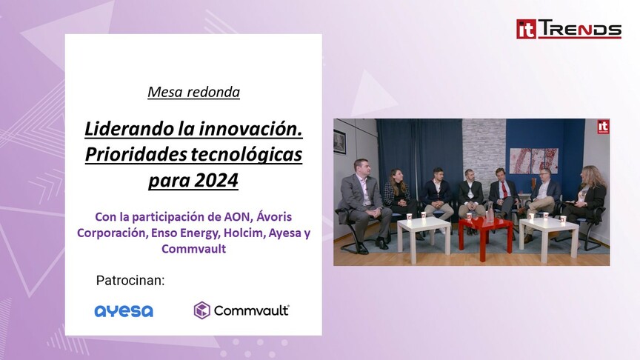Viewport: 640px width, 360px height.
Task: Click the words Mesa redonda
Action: point(193,92)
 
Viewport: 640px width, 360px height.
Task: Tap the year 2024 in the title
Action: point(216,180)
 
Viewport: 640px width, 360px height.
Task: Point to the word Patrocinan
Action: point(130,281)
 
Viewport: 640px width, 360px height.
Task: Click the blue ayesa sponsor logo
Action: point(124,311)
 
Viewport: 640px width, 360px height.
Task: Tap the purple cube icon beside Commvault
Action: point(201,310)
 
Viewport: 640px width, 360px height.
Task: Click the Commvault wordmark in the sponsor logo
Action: point(251,310)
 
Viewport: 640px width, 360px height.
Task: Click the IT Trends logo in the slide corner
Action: point(569,29)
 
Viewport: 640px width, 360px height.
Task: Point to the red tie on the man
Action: point(505,190)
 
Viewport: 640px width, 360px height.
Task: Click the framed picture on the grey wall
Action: point(339,142)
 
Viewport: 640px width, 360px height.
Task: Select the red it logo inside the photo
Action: point(603,127)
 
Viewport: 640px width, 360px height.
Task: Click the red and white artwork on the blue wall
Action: point(534,161)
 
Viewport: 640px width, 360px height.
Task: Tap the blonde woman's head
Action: point(590,175)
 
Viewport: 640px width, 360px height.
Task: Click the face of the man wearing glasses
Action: point(544,176)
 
